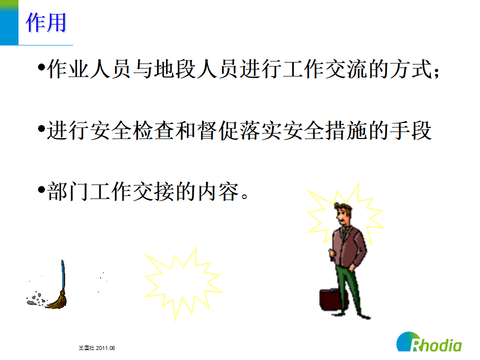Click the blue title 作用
click(46, 23)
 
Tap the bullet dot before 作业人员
click(41, 66)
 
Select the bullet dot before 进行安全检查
click(41, 128)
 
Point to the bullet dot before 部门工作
click(41, 189)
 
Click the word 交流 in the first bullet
click(346, 69)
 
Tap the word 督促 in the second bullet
click(218, 130)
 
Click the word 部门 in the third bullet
click(68, 191)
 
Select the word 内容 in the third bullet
click(218, 191)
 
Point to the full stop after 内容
click(244, 195)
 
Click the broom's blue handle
click(63, 274)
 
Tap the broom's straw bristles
click(57, 300)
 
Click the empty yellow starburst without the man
click(183, 283)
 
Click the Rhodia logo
click(429, 342)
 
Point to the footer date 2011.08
click(105, 348)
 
